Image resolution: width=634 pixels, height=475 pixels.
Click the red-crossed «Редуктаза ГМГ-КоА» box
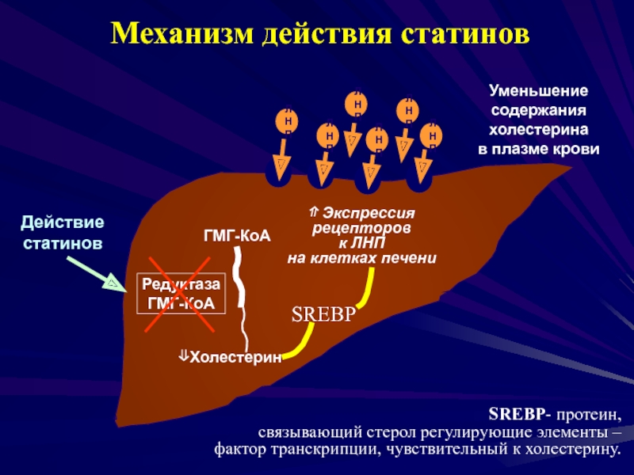tap(181, 294)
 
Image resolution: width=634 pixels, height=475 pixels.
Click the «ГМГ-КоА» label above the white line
tap(238, 235)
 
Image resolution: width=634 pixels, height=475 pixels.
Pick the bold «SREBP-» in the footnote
tap(520, 415)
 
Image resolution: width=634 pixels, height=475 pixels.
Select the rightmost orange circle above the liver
tap(432, 136)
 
